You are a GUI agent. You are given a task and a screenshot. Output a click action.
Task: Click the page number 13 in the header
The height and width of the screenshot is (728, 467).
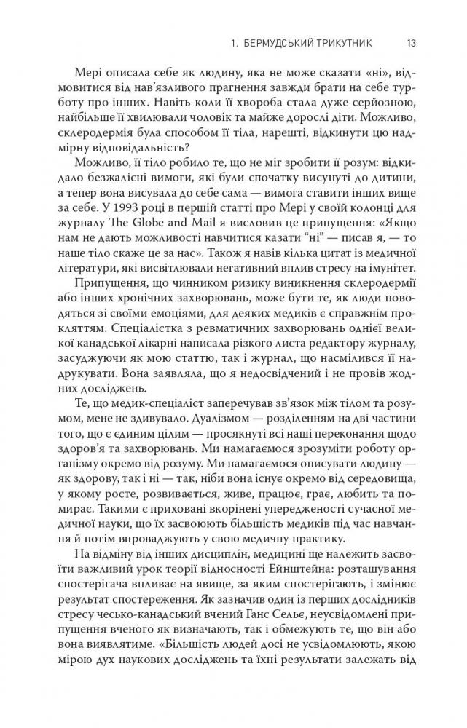click(411, 43)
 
